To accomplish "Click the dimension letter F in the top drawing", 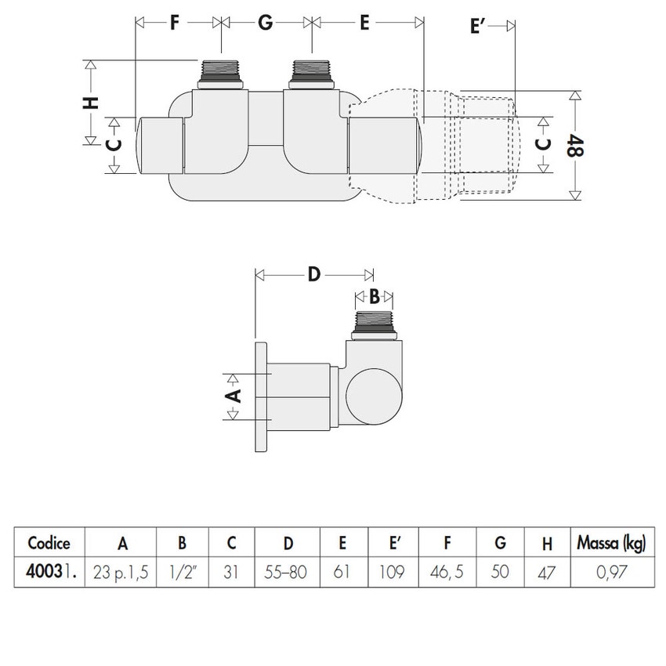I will (178, 23).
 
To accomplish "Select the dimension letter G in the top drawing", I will (266, 23).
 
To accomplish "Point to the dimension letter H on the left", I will (92, 103).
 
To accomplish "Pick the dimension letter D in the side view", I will (313, 274).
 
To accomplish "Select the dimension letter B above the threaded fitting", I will (375, 297).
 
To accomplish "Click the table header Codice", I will (49, 542).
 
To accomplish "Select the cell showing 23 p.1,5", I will (121, 573).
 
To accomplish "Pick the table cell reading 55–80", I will (288, 573).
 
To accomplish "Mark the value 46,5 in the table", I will (447, 573).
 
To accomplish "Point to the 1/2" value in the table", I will (182, 573).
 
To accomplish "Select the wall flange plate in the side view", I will (261, 396).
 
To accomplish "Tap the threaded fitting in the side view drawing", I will (375, 323).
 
